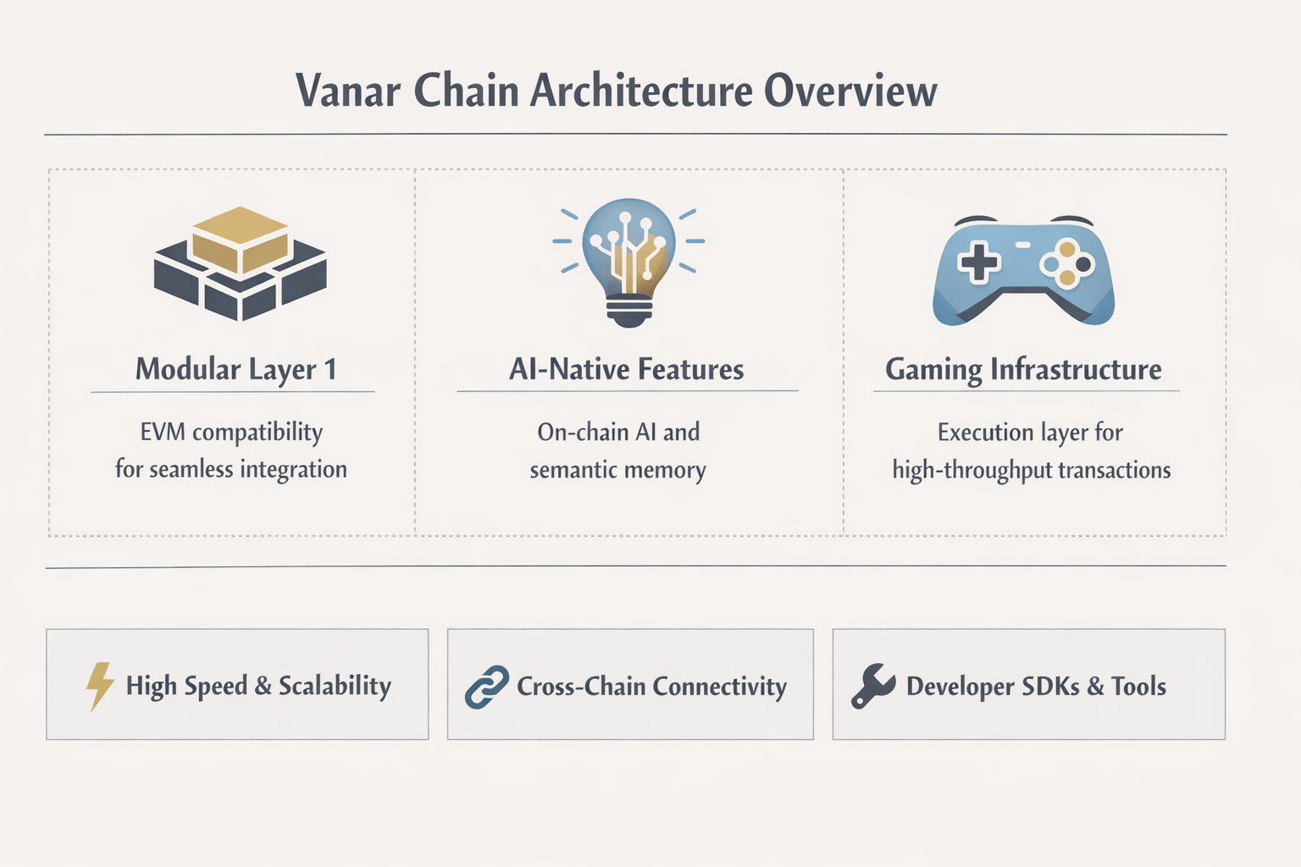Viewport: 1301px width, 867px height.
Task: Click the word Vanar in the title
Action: pyautogui.click(x=348, y=91)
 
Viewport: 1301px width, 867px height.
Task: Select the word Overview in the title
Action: pyautogui.click(x=850, y=91)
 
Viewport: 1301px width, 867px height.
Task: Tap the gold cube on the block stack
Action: pyautogui.click(x=241, y=240)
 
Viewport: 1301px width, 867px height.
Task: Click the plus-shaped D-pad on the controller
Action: pyautogui.click(x=978, y=262)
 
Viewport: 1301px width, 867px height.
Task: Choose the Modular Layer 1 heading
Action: pyautogui.click(x=235, y=370)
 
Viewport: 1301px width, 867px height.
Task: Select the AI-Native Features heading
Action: pyautogui.click(x=626, y=370)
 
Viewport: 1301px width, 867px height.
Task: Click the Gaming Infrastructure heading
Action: pyautogui.click(x=1023, y=370)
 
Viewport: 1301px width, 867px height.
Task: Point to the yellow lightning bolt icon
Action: pyautogui.click(x=100, y=685)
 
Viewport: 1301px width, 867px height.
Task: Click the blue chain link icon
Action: pyautogui.click(x=487, y=687)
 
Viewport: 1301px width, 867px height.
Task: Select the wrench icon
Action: pyautogui.click(x=872, y=686)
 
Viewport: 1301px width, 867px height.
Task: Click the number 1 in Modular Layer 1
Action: pyautogui.click(x=330, y=369)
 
